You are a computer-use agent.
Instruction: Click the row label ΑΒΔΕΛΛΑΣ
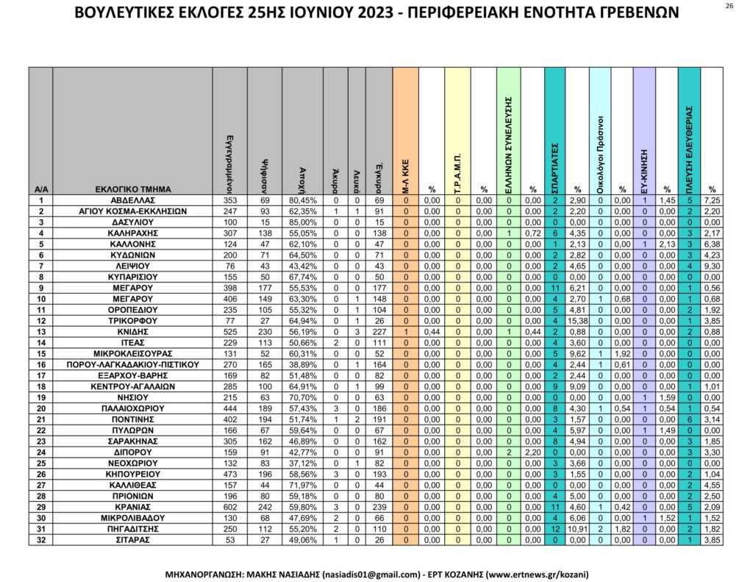click(132, 200)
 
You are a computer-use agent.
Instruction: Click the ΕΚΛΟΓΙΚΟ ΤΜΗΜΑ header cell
click(132, 189)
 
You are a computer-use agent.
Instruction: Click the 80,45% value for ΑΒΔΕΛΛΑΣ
click(303, 200)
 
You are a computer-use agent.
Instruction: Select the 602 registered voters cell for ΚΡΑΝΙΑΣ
click(229, 507)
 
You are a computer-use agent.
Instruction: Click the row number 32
click(40, 539)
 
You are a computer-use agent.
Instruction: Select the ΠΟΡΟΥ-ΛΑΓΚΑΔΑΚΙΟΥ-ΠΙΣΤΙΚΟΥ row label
click(132, 364)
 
